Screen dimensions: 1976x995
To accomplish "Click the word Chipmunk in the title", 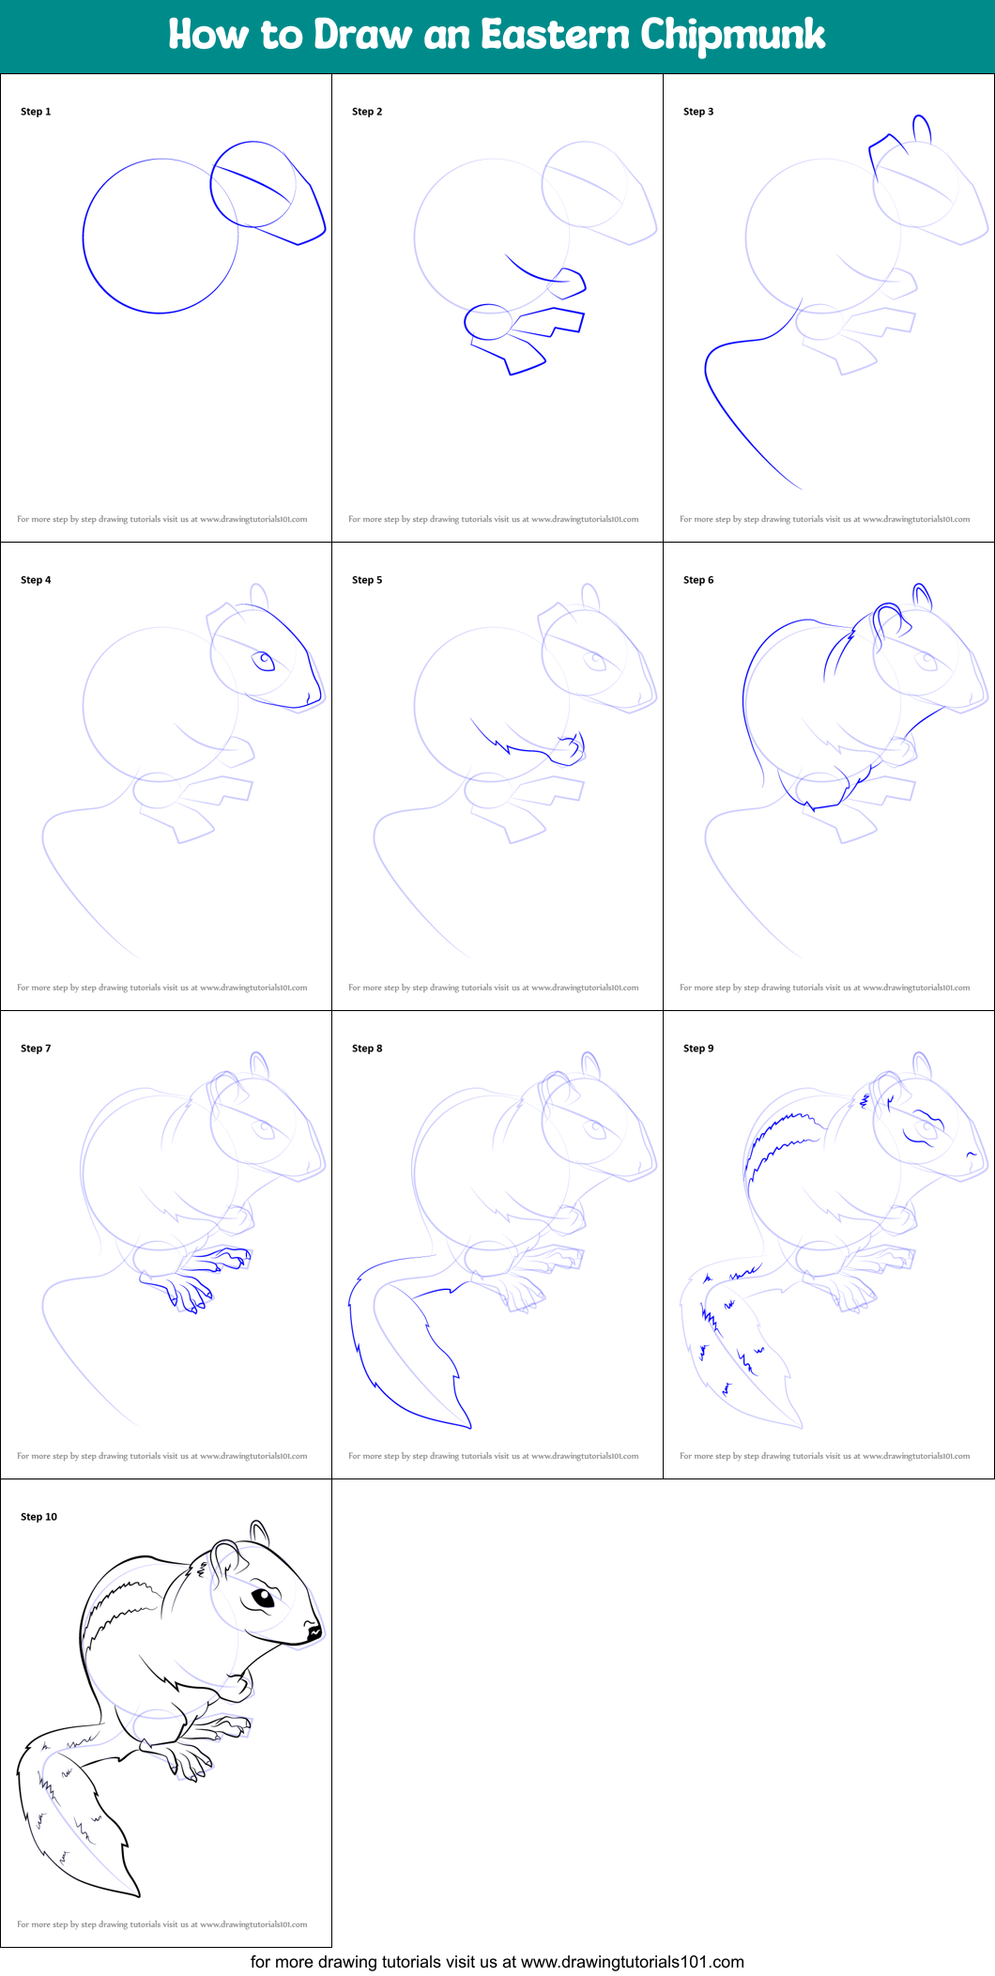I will tap(732, 36).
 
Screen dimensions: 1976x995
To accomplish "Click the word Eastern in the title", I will tap(555, 36).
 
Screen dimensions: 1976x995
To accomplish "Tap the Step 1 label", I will tap(36, 112).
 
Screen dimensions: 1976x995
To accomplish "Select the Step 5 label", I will tap(367, 580).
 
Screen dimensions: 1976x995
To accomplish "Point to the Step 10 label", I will tap(38, 1517).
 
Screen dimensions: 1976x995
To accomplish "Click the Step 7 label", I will tap(36, 1049).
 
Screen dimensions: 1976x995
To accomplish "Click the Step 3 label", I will tap(698, 112).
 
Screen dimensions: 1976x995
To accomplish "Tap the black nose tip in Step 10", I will tap(314, 1632).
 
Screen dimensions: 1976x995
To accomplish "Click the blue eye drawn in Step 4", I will tap(265, 661).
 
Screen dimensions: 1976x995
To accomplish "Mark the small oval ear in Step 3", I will tap(922, 129).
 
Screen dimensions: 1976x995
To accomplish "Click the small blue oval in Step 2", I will tap(488, 322).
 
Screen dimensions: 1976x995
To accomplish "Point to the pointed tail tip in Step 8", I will tap(469, 1426).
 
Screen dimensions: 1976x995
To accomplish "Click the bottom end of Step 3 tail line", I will tap(800, 488).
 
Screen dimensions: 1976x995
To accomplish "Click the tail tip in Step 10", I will tap(137, 1893).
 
